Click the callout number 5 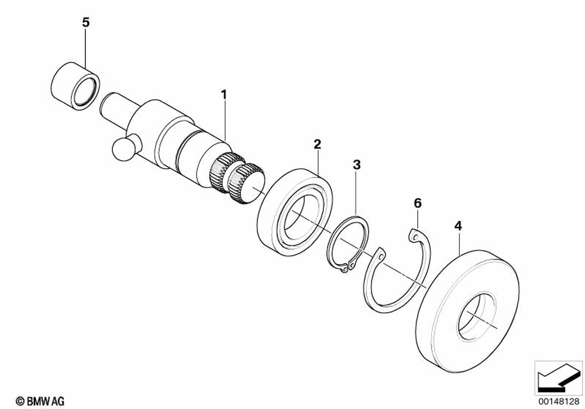coord(86,23)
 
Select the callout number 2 coord(316,144)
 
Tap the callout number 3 coord(356,165)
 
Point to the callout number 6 coord(417,203)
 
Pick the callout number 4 coord(459,226)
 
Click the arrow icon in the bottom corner coord(556,376)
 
